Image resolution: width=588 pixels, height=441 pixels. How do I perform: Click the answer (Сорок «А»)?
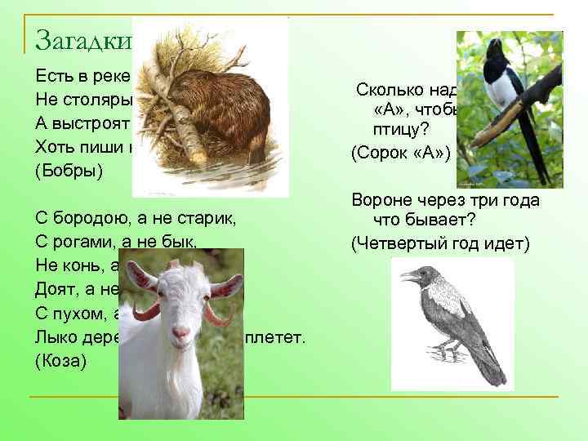point(400,152)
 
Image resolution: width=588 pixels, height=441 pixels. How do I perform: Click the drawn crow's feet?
point(445,352)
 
